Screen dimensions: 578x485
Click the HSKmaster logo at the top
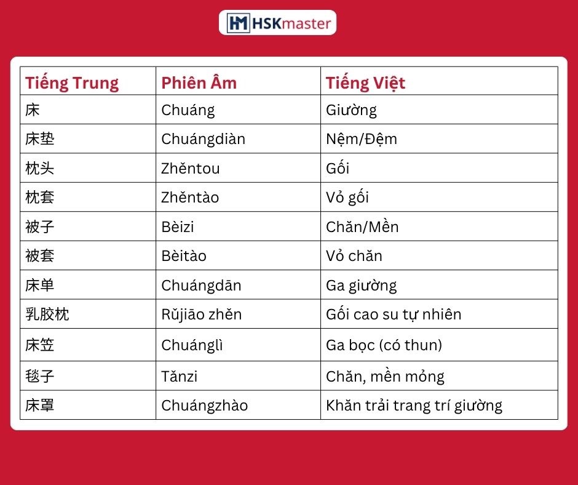coord(277,23)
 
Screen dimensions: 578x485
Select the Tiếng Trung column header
coord(72,83)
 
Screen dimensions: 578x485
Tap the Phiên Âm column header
coord(199,82)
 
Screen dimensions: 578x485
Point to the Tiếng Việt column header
coord(365,83)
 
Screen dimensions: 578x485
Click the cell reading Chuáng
coord(188,110)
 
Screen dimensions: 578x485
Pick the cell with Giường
coord(351,110)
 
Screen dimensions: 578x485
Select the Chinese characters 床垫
coord(40,139)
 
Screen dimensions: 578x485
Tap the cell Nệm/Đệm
coord(362,139)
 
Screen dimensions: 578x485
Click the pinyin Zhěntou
coord(191,168)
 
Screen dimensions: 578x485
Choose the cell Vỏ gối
coord(347,198)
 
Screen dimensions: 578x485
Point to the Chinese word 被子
coord(40,226)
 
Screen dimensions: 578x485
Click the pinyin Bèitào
coord(184,256)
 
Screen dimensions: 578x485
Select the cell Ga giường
coord(362,286)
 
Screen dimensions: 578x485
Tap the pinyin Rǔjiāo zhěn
coord(202,315)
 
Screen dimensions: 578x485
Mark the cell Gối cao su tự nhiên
coord(394,315)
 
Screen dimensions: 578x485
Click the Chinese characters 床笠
coord(40,345)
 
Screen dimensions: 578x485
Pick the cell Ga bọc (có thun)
coord(384,345)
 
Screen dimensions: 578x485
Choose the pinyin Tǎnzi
coord(180,377)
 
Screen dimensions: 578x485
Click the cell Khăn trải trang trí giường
coord(414,406)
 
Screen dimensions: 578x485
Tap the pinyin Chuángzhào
coord(205,406)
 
